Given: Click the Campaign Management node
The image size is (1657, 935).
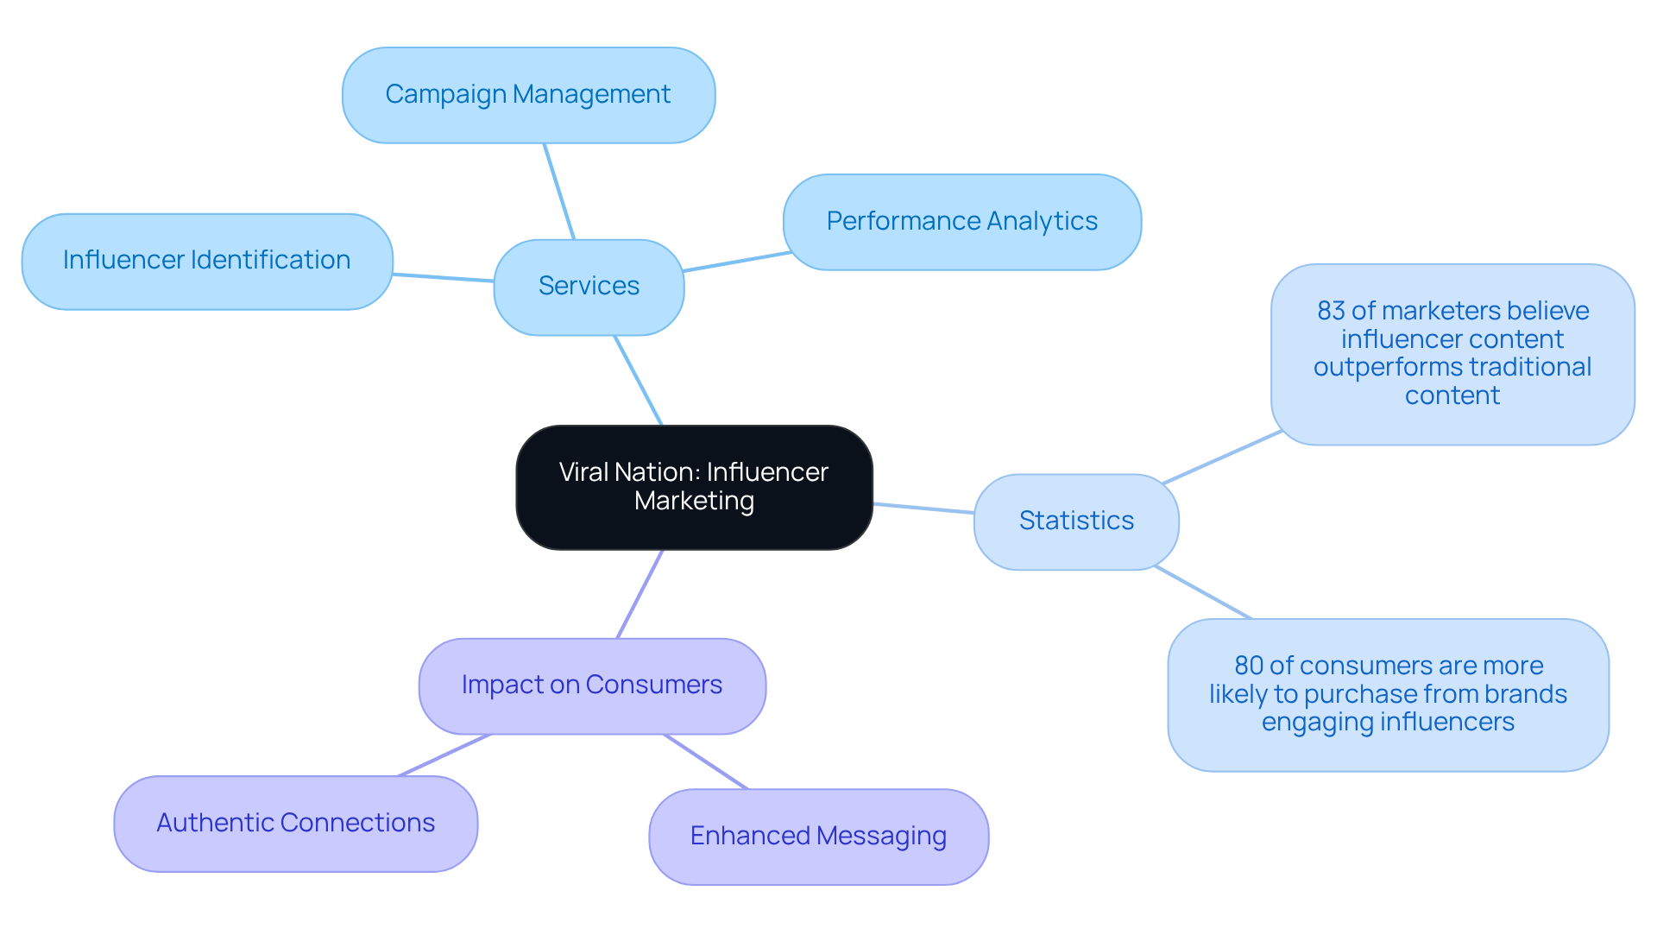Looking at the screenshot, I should click(528, 95).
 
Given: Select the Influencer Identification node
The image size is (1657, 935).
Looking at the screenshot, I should click(207, 261).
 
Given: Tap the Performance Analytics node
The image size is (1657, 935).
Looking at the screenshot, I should click(961, 222).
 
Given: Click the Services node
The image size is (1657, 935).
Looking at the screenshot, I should click(589, 287).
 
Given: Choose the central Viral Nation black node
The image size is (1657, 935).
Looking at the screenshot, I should click(694, 487).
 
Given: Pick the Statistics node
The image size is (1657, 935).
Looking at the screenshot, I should click(1076, 521).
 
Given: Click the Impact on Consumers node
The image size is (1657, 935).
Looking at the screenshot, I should click(592, 685).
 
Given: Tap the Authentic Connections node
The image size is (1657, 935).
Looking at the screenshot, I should click(295, 823).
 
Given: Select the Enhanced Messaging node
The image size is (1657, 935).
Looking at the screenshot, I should click(818, 836).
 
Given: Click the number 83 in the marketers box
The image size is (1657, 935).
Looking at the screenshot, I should click(1331, 311).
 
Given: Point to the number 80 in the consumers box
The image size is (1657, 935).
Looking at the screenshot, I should click(1248, 666).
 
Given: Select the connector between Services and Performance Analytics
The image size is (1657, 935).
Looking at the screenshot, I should click(736, 262).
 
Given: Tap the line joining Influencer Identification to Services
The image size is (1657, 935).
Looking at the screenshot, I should click(443, 278).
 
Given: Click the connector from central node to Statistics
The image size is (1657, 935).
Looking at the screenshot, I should click(923, 509).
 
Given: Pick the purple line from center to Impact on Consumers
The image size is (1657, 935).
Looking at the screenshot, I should click(639, 594).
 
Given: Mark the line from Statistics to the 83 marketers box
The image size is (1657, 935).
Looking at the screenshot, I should click(1221, 457).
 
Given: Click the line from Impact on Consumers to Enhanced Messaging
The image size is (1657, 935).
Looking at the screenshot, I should click(705, 761).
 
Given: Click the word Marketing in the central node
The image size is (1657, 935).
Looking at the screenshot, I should click(694, 502).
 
